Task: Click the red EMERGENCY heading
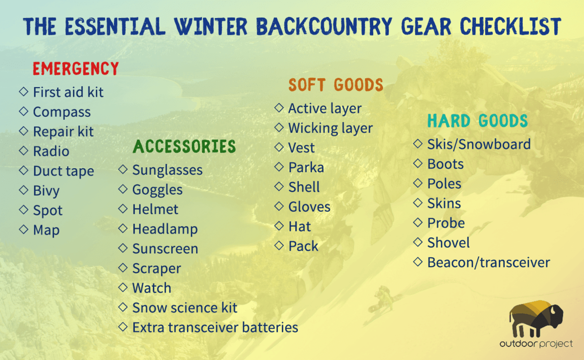[76, 68]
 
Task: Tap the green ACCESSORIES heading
[184, 146]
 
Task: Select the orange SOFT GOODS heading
[336, 85]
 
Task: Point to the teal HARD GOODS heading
[477, 121]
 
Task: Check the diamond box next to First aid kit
[23, 91]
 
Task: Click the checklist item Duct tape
[63, 171]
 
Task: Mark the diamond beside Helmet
[123, 208]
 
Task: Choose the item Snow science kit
[185, 308]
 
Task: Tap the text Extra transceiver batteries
[215, 327]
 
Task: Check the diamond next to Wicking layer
[279, 127]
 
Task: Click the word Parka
[306, 168]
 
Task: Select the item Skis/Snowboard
[479, 144]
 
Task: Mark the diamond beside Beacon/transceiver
[418, 262]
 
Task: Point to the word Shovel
[449, 243]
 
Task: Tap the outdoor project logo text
[537, 344]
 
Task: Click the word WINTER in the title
[211, 26]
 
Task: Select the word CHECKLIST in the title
[510, 26]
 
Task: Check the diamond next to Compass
[23, 111]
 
